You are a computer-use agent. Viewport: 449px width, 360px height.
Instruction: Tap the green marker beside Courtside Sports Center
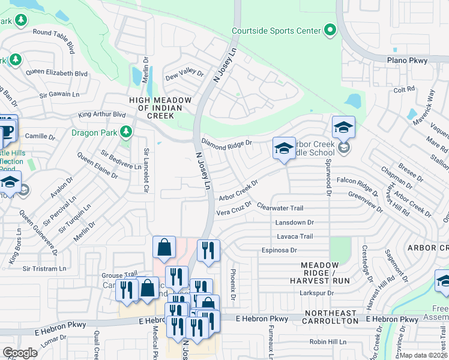(x=330, y=29)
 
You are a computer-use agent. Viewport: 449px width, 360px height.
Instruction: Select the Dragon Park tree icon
(x=125, y=131)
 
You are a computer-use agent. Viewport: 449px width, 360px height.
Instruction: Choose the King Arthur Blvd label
(x=102, y=114)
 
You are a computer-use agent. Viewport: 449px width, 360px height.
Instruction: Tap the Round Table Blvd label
(x=54, y=37)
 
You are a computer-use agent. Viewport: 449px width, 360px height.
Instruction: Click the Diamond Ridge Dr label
(x=226, y=143)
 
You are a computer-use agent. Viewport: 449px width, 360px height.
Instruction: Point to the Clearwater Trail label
(x=280, y=208)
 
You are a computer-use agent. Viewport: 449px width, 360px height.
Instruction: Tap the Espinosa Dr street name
(x=279, y=250)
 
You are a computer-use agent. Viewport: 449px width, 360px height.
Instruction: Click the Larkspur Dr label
(x=316, y=293)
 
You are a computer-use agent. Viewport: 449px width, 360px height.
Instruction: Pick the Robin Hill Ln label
(x=327, y=341)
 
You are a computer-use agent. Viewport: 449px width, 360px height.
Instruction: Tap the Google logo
(x=20, y=352)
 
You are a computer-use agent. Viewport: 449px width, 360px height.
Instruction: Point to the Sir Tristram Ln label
(x=43, y=269)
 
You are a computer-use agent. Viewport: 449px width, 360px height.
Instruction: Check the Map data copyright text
(x=424, y=355)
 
